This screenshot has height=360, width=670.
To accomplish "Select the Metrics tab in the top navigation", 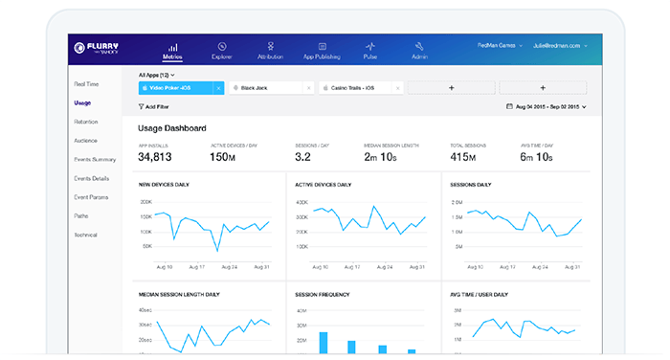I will click(172, 50).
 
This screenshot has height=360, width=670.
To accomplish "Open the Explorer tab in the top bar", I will click(222, 50).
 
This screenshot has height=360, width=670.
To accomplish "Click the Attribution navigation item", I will click(271, 50).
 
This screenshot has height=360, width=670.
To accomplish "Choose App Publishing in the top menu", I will click(321, 50).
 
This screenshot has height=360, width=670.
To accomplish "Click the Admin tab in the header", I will click(419, 50).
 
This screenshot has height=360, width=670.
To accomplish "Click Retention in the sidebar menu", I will click(85, 122).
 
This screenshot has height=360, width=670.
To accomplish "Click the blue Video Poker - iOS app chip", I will click(176, 88).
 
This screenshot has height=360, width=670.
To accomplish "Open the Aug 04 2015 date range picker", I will click(545, 107).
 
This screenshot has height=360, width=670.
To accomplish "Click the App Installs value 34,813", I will click(155, 157).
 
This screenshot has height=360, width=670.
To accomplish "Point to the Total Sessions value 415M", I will click(466, 157).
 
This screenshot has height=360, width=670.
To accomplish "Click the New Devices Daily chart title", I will click(165, 185).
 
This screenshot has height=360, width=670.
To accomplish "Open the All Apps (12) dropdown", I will click(156, 74).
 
